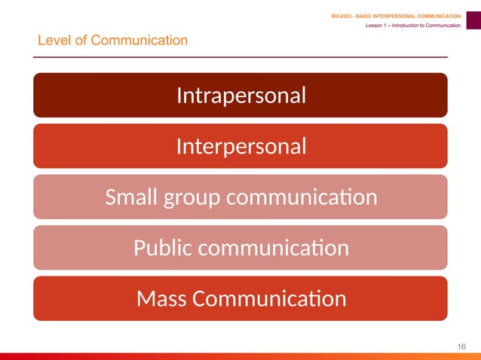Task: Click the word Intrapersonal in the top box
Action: point(240,96)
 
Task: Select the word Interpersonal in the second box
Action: point(240,146)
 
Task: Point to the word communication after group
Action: point(302,197)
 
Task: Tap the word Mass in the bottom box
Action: point(161,299)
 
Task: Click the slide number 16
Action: point(462,346)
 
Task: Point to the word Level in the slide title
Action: point(53,40)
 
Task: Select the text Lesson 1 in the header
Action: point(377,26)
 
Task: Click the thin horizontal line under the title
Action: point(241,57)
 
